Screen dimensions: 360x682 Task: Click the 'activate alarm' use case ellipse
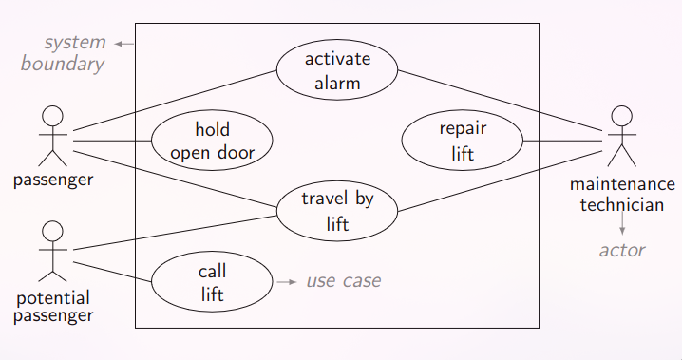(x=337, y=71)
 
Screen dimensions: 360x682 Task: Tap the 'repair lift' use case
(x=463, y=141)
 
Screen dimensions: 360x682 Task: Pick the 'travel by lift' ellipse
(x=337, y=211)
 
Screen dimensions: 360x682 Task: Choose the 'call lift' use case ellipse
(x=212, y=282)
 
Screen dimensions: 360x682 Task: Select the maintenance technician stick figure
(x=622, y=138)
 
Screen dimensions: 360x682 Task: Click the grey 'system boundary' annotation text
(x=74, y=54)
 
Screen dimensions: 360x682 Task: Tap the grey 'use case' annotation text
(x=343, y=281)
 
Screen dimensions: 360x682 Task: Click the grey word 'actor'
(x=622, y=251)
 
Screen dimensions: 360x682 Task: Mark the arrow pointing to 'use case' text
(x=286, y=282)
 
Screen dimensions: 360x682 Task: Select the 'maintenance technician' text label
(x=622, y=194)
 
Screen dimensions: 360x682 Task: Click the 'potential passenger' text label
(x=53, y=308)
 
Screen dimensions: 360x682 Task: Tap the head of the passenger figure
(x=53, y=116)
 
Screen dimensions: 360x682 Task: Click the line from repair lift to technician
(x=565, y=141)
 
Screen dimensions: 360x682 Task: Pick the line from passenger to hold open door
(x=112, y=141)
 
